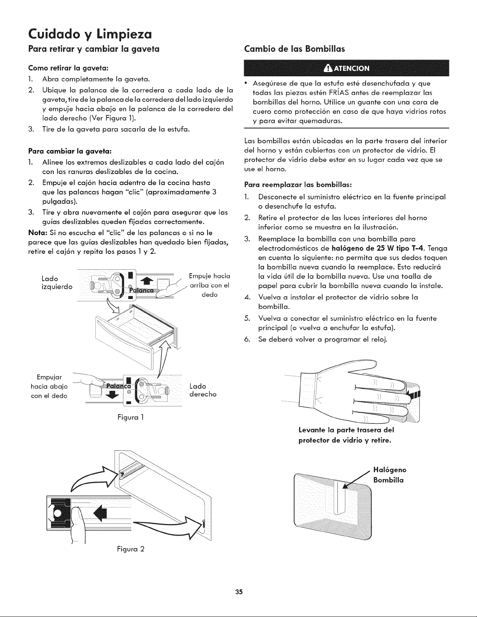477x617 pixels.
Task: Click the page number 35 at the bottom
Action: pyautogui.click(x=239, y=591)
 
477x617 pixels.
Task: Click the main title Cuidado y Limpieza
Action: pyautogui.click(x=90, y=34)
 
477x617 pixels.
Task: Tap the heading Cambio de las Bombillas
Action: pyautogui.click(x=294, y=49)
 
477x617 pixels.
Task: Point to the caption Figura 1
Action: pyautogui.click(x=130, y=417)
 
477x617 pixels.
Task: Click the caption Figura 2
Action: pyautogui.click(x=130, y=549)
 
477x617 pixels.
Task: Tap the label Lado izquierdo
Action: pyautogui.click(x=57, y=283)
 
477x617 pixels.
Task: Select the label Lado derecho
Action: pyautogui.click(x=203, y=390)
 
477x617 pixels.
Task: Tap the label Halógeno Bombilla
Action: pyautogui.click(x=389, y=475)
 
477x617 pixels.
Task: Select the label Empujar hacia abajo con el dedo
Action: pyautogui.click(x=49, y=387)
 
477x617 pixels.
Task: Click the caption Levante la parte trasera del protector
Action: pyautogui.click(x=346, y=435)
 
